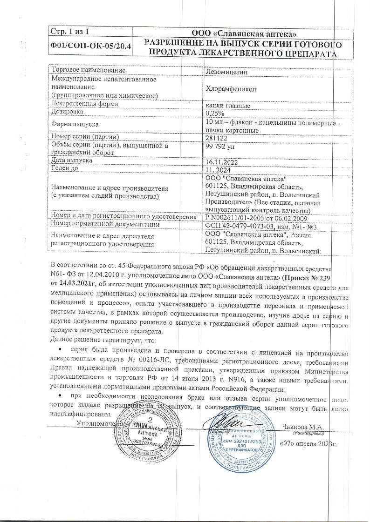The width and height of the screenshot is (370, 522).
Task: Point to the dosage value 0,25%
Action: click(x=215, y=113)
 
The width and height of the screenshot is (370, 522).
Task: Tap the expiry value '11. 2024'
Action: click(x=219, y=170)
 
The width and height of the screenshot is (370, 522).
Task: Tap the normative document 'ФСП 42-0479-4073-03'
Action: click(x=239, y=226)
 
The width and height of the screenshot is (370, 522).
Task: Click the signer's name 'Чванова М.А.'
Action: click(x=303, y=427)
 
